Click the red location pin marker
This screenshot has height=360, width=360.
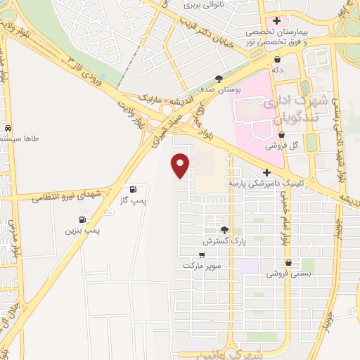(x=181, y=165)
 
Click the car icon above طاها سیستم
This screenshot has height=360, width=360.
(x=8, y=129)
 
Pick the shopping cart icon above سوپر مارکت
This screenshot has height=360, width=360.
(x=202, y=255)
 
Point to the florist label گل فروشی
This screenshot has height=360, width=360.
(x=279, y=147)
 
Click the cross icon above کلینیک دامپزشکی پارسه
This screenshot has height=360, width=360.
(x=266, y=172)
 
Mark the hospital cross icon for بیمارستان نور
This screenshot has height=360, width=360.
(x=278, y=21)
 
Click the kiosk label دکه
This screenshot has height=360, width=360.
(x=279, y=70)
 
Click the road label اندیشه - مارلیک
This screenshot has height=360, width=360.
(x=158, y=92)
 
